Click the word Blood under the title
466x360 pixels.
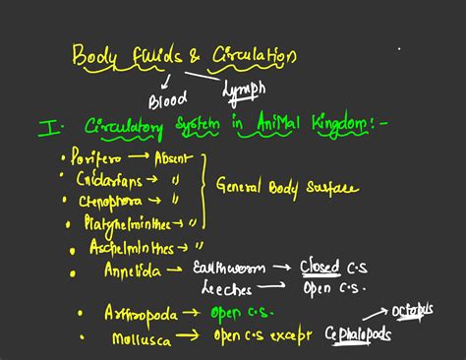tap(167, 100)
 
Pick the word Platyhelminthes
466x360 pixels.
tap(128, 223)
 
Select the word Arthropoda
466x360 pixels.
tap(141, 313)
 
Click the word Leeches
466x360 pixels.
tap(226, 289)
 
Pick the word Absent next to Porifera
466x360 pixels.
tap(174, 158)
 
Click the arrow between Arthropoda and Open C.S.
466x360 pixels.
tap(195, 314)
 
